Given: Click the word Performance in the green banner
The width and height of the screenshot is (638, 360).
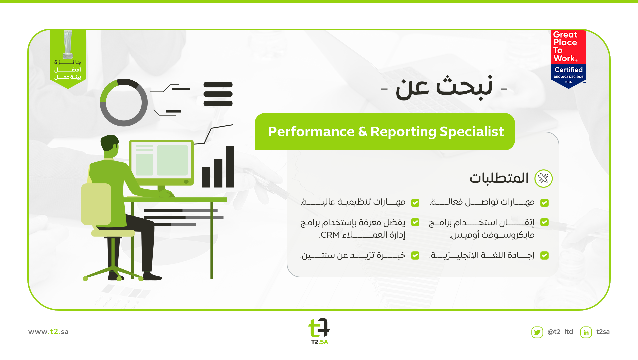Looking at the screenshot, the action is (x=311, y=132).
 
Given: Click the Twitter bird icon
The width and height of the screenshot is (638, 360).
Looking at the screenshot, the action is (x=537, y=332).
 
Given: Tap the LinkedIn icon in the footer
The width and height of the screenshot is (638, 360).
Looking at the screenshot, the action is (x=586, y=332).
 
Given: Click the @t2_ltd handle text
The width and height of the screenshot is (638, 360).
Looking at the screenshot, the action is (x=560, y=332).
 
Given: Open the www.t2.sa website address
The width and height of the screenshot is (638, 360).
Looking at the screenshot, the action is (x=48, y=332).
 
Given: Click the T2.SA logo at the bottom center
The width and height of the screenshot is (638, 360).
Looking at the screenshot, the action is (x=319, y=331).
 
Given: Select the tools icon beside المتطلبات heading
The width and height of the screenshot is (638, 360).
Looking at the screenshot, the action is (x=543, y=178).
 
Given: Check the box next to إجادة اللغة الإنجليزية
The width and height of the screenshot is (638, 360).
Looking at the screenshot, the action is (x=544, y=255).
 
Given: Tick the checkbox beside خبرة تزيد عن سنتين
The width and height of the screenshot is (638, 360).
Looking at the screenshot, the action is (x=415, y=255).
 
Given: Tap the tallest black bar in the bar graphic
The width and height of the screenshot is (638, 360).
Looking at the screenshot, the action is (x=230, y=167).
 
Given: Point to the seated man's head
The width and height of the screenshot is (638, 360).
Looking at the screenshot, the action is (x=110, y=145).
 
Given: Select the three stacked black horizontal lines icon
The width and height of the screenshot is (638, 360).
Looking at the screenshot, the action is (x=218, y=94).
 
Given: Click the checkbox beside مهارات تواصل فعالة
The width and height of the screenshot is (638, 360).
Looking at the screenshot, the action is (x=544, y=203).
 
